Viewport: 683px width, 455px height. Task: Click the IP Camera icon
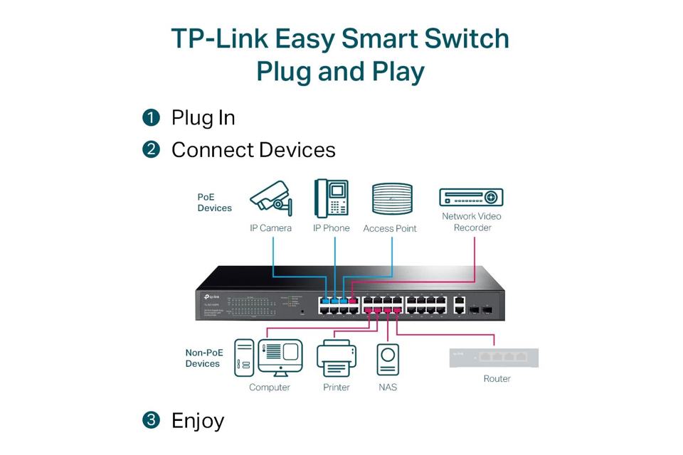[x=271, y=198]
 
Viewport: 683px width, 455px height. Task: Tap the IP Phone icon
[x=332, y=197]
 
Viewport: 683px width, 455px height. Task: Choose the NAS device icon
[x=388, y=360]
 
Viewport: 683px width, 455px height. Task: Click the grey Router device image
[x=494, y=358]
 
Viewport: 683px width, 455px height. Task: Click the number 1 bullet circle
[x=151, y=117]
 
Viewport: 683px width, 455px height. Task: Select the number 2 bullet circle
[x=151, y=149]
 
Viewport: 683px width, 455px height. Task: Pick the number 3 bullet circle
[x=151, y=420]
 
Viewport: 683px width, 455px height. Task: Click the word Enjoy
[x=198, y=420]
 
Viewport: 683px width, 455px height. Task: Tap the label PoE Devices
[x=214, y=203]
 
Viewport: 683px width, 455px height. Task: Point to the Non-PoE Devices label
[x=203, y=358]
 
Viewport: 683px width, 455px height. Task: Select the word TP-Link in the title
[x=220, y=38]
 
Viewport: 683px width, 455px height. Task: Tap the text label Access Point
[x=390, y=229]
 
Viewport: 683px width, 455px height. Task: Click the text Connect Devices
[x=253, y=150]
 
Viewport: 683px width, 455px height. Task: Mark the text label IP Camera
[x=270, y=228]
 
